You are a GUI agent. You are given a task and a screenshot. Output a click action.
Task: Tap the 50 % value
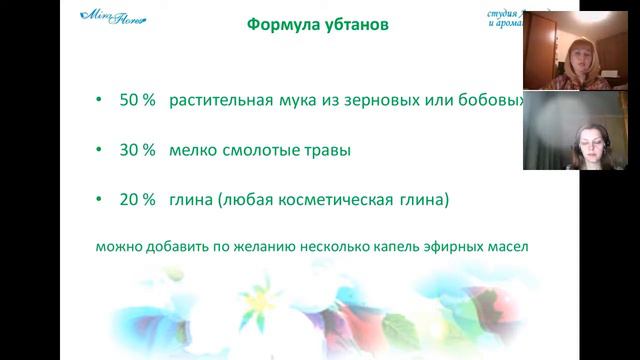[137, 101]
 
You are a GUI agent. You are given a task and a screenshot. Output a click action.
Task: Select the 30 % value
[137, 150]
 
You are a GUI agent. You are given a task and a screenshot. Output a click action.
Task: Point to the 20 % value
[137, 200]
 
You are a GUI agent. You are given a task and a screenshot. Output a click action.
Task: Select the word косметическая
[338, 200]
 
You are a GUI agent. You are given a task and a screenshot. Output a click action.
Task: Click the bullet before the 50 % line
[97, 101]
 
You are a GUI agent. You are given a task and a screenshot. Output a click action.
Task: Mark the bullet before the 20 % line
[97, 200]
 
